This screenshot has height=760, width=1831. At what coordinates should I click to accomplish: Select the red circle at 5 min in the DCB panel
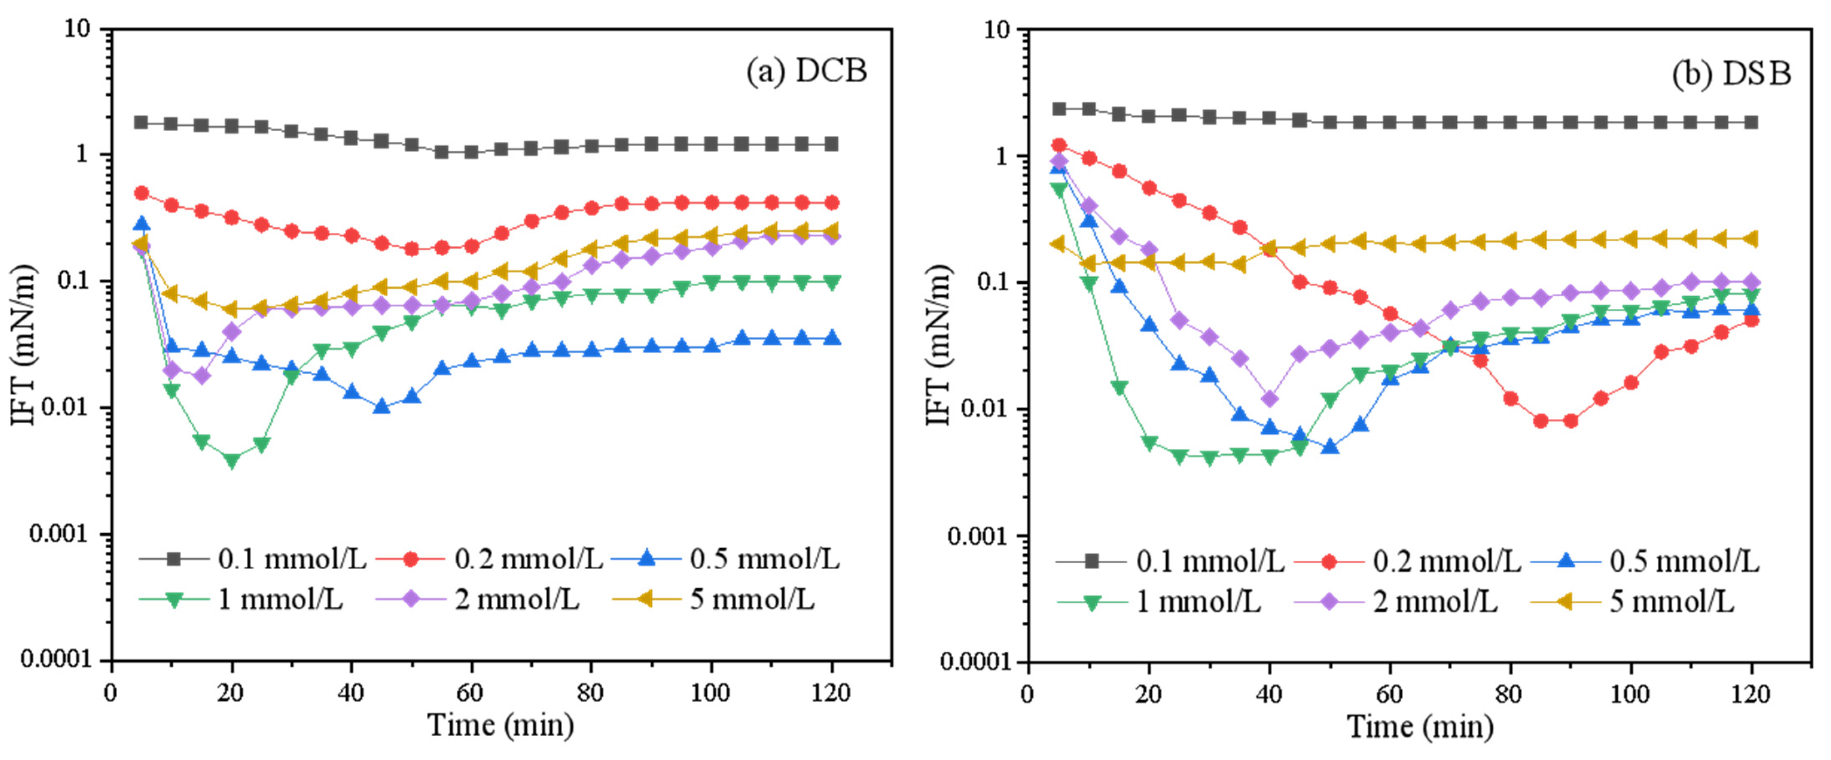click(x=141, y=192)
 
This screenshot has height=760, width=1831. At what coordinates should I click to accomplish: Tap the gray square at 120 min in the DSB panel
click(x=1751, y=122)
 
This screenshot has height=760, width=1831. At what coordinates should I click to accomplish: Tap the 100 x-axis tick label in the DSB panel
click(x=1630, y=694)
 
